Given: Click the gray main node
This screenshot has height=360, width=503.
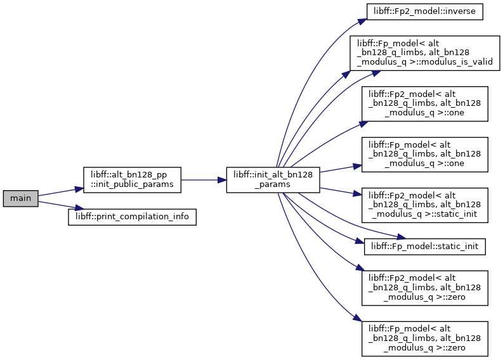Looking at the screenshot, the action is (x=20, y=198).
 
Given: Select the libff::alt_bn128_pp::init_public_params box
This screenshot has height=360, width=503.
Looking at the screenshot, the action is (x=132, y=180).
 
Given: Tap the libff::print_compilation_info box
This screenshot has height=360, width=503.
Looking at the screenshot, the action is (x=132, y=217).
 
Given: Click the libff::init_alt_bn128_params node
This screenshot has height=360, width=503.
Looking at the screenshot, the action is (x=273, y=180).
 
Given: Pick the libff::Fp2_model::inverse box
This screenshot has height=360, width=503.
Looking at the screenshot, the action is (x=425, y=11).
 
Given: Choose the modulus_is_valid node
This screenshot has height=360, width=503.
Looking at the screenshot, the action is (x=425, y=53).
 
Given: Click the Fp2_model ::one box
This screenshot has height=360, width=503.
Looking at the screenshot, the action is (x=425, y=104).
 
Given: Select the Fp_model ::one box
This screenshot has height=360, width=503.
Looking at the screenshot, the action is (x=425, y=155).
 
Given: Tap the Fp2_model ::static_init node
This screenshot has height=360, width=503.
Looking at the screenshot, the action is (x=425, y=205).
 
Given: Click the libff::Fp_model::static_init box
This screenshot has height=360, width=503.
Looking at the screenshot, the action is (x=425, y=247).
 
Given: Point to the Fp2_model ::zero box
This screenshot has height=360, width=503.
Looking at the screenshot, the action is (x=425, y=288).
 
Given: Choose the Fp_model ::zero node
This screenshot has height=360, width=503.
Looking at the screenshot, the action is (x=425, y=338).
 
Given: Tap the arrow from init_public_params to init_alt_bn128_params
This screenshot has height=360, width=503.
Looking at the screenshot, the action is (x=204, y=180).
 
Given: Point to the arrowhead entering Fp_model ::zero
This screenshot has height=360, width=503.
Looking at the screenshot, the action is (x=358, y=318).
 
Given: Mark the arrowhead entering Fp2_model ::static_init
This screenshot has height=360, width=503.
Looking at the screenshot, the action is (x=358, y=193).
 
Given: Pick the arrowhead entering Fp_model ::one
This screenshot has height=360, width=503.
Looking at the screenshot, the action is (x=358, y=166).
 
